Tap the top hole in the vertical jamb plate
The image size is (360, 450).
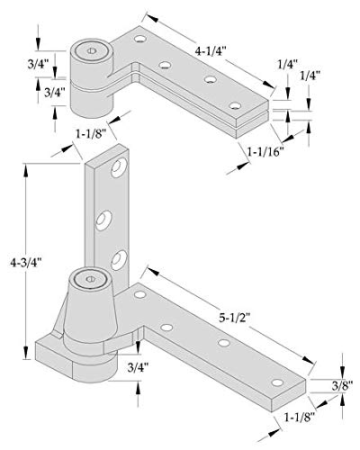click(x=117, y=169)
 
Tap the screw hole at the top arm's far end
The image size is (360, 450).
click(x=235, y=107)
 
